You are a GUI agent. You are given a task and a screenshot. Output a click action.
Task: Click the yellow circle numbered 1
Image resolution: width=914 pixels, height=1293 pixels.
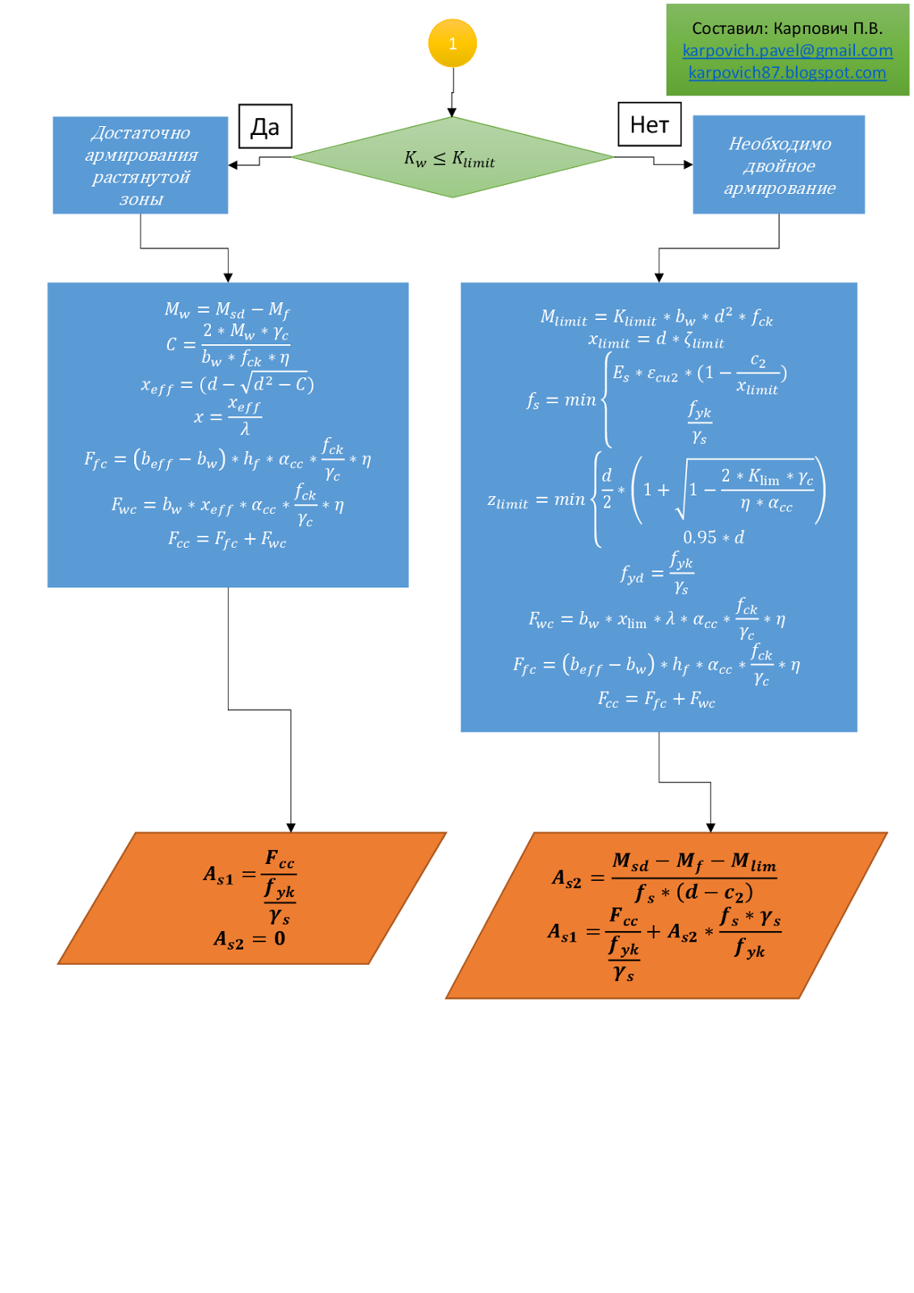452,44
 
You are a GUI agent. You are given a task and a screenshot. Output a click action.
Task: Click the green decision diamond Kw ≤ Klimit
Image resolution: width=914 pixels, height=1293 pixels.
452,158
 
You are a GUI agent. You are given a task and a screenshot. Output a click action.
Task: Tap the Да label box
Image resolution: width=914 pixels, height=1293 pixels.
265,127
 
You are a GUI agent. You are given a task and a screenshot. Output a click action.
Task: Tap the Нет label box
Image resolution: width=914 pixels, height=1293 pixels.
649,124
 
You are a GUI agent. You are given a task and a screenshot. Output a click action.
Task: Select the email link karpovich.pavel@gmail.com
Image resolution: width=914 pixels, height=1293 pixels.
787,51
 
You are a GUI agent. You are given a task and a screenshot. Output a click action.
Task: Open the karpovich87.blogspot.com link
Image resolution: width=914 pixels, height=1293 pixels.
787,73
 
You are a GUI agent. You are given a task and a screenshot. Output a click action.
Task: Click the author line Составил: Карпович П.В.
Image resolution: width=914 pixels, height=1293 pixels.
787,28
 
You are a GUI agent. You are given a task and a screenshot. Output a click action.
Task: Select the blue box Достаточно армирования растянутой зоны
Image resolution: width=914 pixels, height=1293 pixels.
141,166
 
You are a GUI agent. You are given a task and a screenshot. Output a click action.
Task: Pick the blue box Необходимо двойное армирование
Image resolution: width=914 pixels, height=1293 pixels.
778,165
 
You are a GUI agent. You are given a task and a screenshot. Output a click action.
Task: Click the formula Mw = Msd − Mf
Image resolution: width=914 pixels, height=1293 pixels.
227,310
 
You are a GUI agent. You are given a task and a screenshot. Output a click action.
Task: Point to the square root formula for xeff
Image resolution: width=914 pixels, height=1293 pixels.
227,384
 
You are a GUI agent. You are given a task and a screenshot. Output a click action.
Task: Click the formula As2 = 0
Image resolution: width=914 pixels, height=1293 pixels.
249,939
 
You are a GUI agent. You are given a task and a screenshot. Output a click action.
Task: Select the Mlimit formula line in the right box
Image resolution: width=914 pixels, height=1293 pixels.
656,317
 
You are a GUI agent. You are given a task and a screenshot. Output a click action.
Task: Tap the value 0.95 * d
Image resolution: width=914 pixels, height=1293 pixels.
714,537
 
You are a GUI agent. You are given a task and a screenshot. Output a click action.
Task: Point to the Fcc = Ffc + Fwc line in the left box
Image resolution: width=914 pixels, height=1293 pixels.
227,539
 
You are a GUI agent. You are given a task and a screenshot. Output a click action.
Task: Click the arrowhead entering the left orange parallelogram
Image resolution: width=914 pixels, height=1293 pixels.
291,827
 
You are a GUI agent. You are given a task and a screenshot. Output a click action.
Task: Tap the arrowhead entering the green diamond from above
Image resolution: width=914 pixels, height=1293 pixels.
452,112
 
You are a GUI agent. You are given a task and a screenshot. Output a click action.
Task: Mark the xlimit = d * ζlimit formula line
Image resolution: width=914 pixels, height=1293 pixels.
656,340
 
